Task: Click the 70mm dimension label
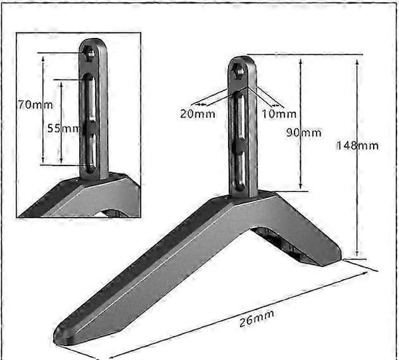pos(35,105)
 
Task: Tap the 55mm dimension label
pos(64,128)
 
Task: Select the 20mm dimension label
pos(198,114)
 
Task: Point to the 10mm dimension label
pos(279,114)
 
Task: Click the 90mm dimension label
pos(304,133)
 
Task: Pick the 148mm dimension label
pos(358,145)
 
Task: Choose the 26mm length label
pos(257,318)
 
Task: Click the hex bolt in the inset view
pos(89,53)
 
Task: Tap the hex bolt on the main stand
pos(239,71)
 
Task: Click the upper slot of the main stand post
pos(239,116)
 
